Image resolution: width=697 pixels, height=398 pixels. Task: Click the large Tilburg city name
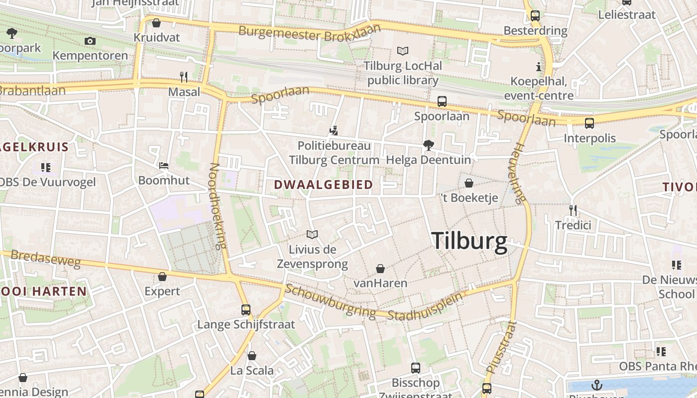tap(469, 241)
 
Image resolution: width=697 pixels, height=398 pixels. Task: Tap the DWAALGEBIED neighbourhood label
tap(323, 185)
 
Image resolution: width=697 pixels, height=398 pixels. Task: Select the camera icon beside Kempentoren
tap(90, 41)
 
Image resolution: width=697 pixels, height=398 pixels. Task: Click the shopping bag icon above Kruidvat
tap(156, 23)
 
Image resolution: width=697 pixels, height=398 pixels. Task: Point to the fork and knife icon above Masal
tap(184, 77)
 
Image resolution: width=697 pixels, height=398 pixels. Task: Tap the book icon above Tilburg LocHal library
tap(402, 51)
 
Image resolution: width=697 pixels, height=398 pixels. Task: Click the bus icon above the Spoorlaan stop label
tap(442, 101)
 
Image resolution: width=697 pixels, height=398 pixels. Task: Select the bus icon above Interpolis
tap(589, 123)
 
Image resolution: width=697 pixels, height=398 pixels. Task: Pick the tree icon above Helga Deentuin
tap(428, 145)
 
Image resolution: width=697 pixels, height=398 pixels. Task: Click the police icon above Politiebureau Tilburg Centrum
tap(334, 131)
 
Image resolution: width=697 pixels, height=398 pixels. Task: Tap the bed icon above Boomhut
tap(164, 166)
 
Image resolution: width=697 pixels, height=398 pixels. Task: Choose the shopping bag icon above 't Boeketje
tap(468, 183)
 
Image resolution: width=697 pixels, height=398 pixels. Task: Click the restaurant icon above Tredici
tap(573, 210)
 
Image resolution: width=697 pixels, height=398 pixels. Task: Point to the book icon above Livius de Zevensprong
tap(312, 234)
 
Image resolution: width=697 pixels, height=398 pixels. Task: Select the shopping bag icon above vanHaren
tap(380, 269)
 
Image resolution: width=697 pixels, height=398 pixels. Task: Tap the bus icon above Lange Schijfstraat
tap(246, 309)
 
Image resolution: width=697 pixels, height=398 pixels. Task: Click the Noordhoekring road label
tap(218, 206)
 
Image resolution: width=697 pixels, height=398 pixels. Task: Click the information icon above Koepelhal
tap(538, 67)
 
